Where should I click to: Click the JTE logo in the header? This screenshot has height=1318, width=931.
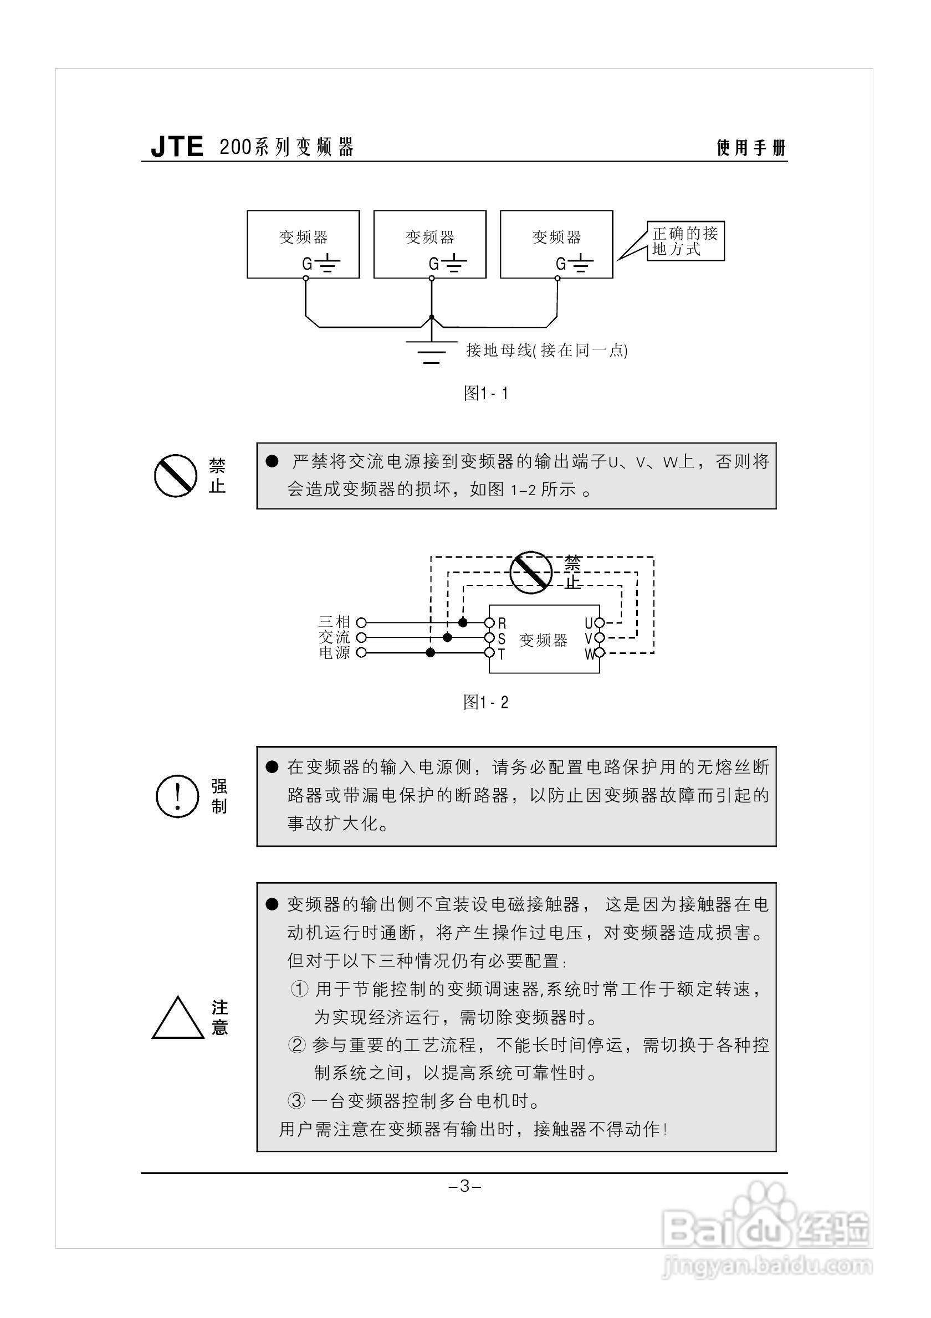pyautogui.click(x=177, y=147)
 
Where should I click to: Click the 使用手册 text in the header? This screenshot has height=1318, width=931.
pyautogui.click(x=751, y=148)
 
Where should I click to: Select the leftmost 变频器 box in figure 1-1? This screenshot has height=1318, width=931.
pyautogui.click(x=303, y=245)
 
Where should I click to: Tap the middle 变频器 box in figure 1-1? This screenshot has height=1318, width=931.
pyautogui.click(x=429, y=245)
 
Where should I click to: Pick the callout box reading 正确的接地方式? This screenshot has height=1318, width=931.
pyautogui.click(x=685, y=241)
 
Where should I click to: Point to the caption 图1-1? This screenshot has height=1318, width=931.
pyautogui.click(x=486, y=393)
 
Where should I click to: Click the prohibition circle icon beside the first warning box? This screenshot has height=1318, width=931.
pyautogui.click(x=175, y=476)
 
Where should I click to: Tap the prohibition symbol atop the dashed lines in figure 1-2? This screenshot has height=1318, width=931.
pyautogui.click(x=531, y=572)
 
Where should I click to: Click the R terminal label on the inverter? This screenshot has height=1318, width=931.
pyautogui.click(x=502, y=624)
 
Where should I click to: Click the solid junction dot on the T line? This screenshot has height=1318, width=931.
pyautogui.click(x=430, y=653)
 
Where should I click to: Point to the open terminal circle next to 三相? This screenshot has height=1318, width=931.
pyautogui.click(x=361, y=622)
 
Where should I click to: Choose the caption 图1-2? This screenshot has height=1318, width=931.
pyautogui.click(x=486, y=702)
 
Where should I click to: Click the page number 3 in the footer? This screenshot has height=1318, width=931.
pyautogui.click(x=464, y=1186)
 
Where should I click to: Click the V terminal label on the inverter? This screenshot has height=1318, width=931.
pyautogui.click(x=589, y=639)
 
